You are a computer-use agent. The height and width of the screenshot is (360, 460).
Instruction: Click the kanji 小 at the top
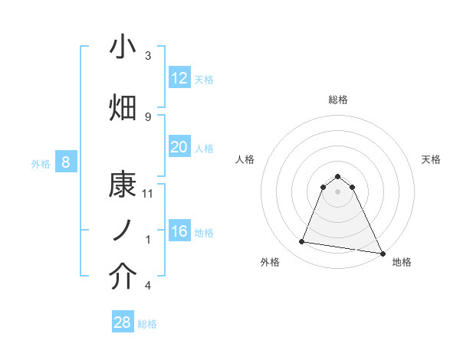click(x=123, y=47)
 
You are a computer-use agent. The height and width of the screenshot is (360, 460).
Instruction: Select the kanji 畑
click(x=123, y=108)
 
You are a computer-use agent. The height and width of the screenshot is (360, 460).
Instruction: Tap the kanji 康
click(x=123, y=185)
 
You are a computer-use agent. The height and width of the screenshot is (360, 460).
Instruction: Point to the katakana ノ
click(x=123, y=231)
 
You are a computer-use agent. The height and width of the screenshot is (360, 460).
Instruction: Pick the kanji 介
click(x=123, y=277)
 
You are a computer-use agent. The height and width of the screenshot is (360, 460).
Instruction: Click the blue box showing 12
click(x=179, y=78)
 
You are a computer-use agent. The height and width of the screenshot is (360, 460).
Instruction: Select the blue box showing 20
click(x=179, y=147)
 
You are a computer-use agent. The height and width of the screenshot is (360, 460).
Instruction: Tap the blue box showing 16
click(x=179, y=231)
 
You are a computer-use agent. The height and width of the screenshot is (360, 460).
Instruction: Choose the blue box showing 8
click(x=66, y=162)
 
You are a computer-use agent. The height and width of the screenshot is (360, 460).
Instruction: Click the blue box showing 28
click(x=122, y=322)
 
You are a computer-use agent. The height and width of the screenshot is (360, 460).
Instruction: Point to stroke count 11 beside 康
click(x=148, y=194)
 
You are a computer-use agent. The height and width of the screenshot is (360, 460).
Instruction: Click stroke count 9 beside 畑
click(x=148, y=116)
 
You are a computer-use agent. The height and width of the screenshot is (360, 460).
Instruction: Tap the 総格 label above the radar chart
click(x=337, y=100)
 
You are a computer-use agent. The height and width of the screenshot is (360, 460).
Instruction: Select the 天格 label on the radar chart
click(x=431, y=159)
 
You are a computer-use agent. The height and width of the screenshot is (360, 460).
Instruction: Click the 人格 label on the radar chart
click(x=245, y=159)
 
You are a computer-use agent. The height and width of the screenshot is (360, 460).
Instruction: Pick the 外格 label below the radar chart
click(x=270, y=262)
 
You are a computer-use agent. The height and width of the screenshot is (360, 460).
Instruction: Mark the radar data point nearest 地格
click(x=382, y=252)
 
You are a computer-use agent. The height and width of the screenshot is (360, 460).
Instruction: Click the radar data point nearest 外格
click(x=302, y=242)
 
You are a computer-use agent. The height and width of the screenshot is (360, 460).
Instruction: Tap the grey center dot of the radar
click(x=337, y=191)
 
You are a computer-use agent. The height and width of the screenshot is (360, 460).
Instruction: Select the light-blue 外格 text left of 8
click(x=40, y=163)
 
